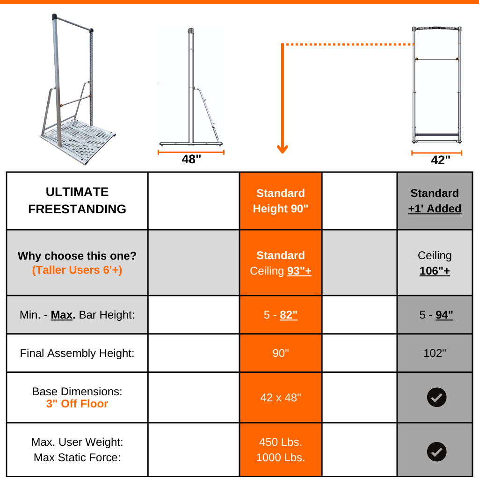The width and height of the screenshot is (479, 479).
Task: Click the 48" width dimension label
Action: [191, 160]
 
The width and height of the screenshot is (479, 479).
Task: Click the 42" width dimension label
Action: [440, 160]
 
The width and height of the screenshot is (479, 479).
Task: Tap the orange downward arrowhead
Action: [282, 149]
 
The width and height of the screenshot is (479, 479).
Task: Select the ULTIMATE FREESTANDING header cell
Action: [77, 201]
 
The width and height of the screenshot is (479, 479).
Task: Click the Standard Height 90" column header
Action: [281, 201]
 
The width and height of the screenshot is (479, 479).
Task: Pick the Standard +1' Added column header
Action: [435, 201]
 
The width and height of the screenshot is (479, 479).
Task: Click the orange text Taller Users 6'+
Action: [77, 270]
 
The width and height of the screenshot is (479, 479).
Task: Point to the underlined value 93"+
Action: [299, 271]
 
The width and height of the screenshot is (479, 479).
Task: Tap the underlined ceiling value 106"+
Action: [435, 271]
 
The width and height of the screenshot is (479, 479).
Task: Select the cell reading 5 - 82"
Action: [281, 315]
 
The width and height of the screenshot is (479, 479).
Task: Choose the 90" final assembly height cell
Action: [281, 353]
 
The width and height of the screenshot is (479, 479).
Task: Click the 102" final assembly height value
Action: [435, 353]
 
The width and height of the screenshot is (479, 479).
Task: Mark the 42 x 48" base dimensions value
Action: [281, 398]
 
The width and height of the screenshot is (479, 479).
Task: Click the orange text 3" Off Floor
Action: [77, 404]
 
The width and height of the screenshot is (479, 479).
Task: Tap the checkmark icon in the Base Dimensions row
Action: [436, 398]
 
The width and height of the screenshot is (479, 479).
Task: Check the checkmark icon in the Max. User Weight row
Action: [436, 452]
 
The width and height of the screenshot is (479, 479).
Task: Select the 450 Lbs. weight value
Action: [281, 442]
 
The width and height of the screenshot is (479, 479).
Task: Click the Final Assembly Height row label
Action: [77, 353]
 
